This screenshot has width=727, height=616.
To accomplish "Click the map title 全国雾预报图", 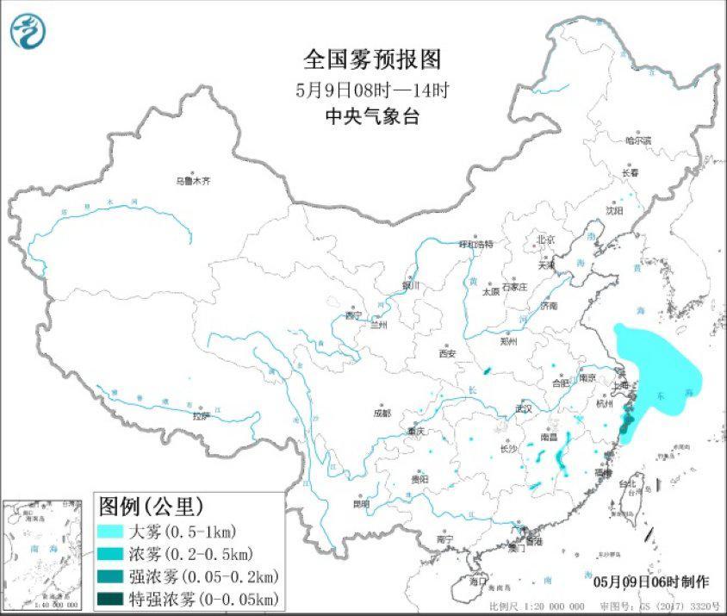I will coord(372,59).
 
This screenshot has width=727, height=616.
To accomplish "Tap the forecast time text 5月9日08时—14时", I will coord(372,90).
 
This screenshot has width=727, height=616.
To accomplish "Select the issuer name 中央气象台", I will coord(372,117).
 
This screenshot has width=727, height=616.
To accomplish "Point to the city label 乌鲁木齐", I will coord(193,182).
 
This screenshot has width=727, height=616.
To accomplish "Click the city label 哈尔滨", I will coord(637,140).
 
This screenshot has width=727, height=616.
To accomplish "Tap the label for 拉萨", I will coord(201,416).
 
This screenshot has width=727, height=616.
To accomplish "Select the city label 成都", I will coord(382,413).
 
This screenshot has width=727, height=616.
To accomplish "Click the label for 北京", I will coord(545,240).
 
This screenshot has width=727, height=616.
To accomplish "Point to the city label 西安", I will coord(445,353).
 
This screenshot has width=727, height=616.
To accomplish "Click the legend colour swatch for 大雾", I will coord(111,530).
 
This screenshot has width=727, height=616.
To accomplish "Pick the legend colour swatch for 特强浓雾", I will coord(111,598).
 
